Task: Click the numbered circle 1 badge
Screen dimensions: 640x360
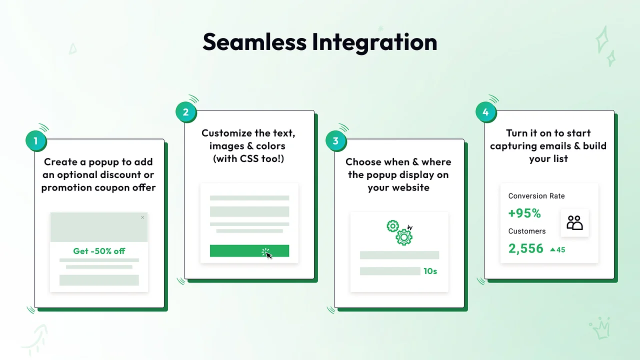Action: (x=35, y=141)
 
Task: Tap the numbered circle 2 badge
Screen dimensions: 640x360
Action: (x=186, y=112)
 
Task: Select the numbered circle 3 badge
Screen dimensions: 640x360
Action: (x=335, y=141)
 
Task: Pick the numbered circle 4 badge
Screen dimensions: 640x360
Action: (x=485, y=112)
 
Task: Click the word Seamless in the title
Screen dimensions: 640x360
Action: (x=254, y=42)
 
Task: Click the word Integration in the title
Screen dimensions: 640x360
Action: (x=374, y=43)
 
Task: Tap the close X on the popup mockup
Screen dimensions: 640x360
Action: (x=142, y=217)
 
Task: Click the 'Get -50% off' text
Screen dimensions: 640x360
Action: (x=99, y=251)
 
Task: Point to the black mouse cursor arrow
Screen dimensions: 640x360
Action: (x=269, y=255)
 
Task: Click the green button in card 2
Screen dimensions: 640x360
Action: (x=249, y=251)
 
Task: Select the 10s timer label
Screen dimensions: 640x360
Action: (x=430, y=271)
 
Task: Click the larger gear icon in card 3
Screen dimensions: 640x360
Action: (x=404, y=237)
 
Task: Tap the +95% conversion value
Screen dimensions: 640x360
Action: (x=524, y=213)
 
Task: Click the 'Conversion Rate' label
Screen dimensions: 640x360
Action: (x=536, y=196)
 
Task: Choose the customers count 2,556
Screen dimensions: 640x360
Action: (x=525, y=248)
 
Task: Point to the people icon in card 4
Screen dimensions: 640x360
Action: (x=575, y=223)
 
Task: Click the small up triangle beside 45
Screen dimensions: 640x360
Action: (x=553, y=249)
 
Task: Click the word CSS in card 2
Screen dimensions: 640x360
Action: (x=249, y=159)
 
